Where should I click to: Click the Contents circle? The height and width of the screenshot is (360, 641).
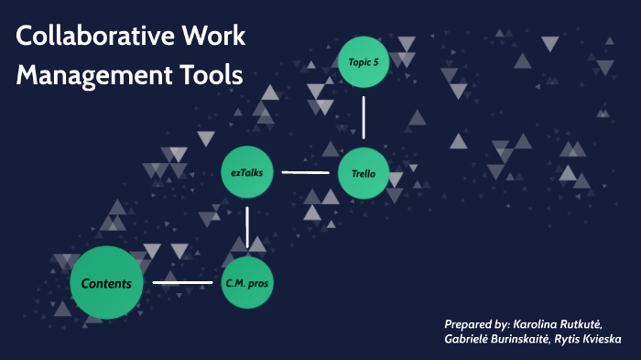(x=107, y=283)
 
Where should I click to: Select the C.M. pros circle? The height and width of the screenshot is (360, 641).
(x=247, y=283)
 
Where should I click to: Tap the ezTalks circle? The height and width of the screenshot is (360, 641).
(x=247, y=172)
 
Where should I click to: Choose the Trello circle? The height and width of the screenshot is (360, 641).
(x=364, y=172)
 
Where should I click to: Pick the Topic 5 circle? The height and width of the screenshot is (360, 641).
(x=364, y=62)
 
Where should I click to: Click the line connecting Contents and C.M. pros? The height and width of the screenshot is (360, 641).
(x=182, y=282)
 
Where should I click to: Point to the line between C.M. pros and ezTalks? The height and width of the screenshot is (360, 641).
(x=247, y=226)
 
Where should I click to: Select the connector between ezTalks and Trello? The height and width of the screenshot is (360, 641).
(x=305, y=171)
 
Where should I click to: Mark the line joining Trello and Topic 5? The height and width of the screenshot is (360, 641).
(x=364, y=116)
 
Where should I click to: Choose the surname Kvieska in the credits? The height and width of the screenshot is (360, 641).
(x=599, y=340)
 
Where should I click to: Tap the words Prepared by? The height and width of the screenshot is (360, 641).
(x=474, y=324)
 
